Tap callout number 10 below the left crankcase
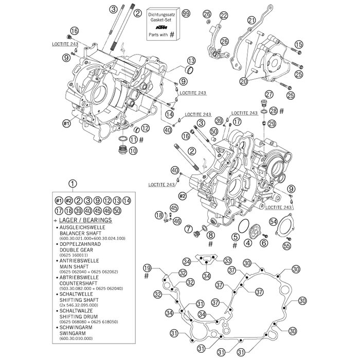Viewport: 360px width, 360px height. point(133,151)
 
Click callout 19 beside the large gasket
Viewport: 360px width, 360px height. point(148,267)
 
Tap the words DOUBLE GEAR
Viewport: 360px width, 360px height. point(77,249)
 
